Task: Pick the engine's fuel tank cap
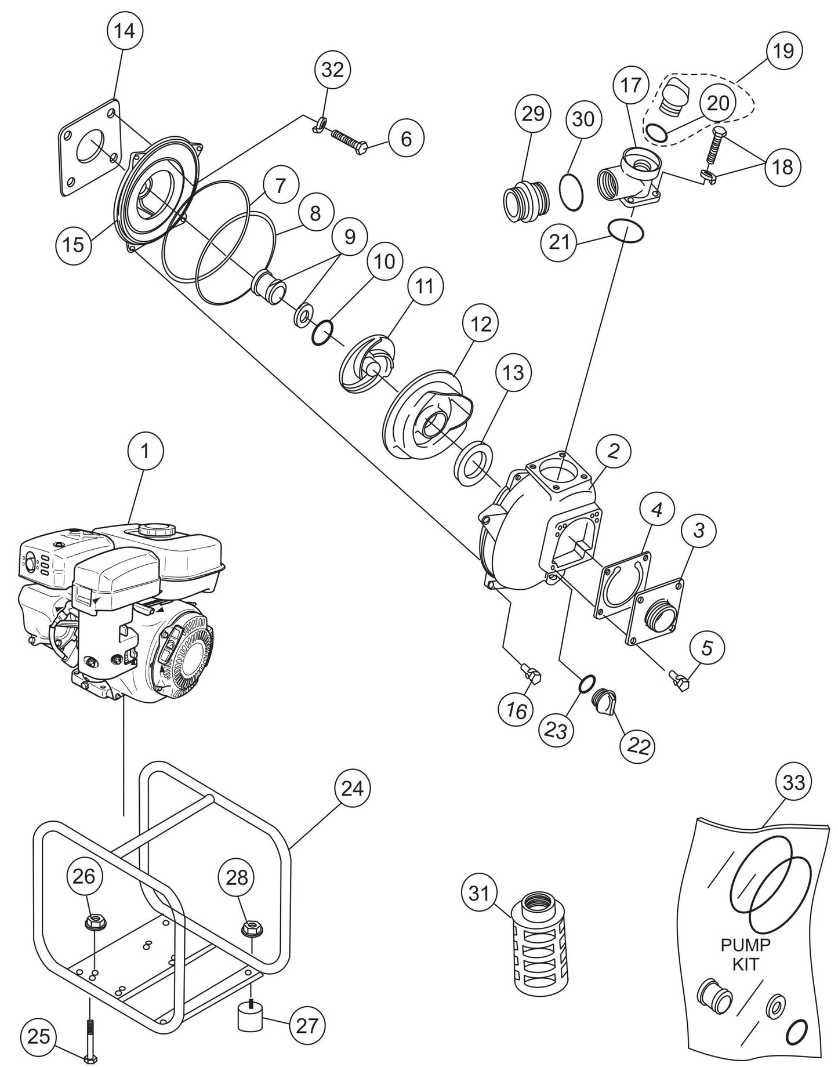[x=155, y=529]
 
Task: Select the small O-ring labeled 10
[x=322, y=333]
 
